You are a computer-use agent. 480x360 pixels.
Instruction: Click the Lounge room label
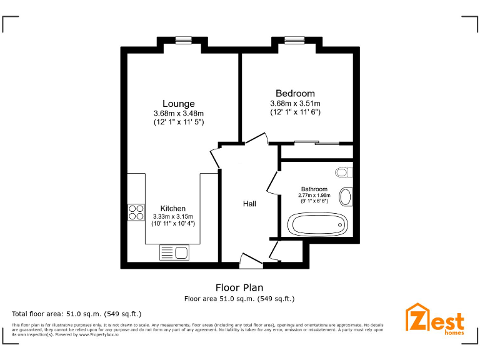179,104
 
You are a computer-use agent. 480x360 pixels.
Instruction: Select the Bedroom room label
295,94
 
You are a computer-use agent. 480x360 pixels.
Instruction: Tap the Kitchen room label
172,208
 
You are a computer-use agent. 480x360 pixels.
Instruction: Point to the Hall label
249,204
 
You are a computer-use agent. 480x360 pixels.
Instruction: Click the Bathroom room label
314,189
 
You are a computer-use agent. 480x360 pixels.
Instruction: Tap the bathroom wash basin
345,197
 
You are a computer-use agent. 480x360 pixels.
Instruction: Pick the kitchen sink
175,252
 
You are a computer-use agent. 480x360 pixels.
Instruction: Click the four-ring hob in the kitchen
136,212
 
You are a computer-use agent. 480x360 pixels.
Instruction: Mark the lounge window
183,41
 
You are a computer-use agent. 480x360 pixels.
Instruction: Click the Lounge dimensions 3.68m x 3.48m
179,113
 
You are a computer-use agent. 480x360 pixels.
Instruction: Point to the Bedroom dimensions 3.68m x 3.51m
295,104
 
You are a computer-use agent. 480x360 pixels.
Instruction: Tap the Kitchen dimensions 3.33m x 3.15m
172,217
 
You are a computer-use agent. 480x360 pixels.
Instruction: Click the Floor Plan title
239,287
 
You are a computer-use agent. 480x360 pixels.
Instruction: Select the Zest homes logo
436,318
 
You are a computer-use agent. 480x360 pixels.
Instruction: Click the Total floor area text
77,313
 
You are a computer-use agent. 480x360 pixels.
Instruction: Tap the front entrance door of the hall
251,260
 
